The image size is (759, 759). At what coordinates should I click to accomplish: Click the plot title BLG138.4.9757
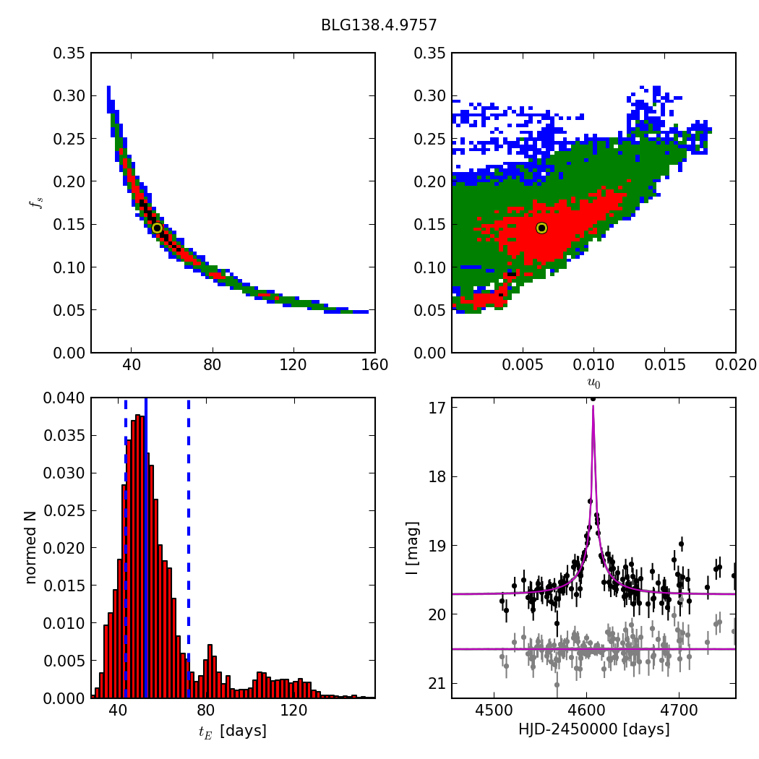(x=379, y=25)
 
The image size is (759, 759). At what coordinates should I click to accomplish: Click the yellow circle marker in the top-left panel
(x=157, y=228)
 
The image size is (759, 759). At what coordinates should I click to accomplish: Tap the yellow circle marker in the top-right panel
(x=541, y=228)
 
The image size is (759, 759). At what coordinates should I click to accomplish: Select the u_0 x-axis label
(x=593, y=382)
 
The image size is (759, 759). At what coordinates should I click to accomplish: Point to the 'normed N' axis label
(x=30, y=547)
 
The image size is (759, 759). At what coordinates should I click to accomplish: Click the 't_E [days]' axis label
(x=232, y=731)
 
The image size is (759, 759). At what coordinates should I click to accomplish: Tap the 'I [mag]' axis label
(x=412, y=547)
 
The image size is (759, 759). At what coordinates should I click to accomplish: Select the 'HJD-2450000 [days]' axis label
(x=593, y=729)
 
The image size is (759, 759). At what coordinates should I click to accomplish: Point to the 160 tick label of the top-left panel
(x=374, y=364)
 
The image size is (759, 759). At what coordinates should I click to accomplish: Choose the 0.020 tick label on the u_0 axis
(x=734, y=364)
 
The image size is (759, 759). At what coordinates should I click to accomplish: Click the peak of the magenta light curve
(x=593, y=406)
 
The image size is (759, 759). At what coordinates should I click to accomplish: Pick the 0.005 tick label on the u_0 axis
(x=522, y=364)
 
